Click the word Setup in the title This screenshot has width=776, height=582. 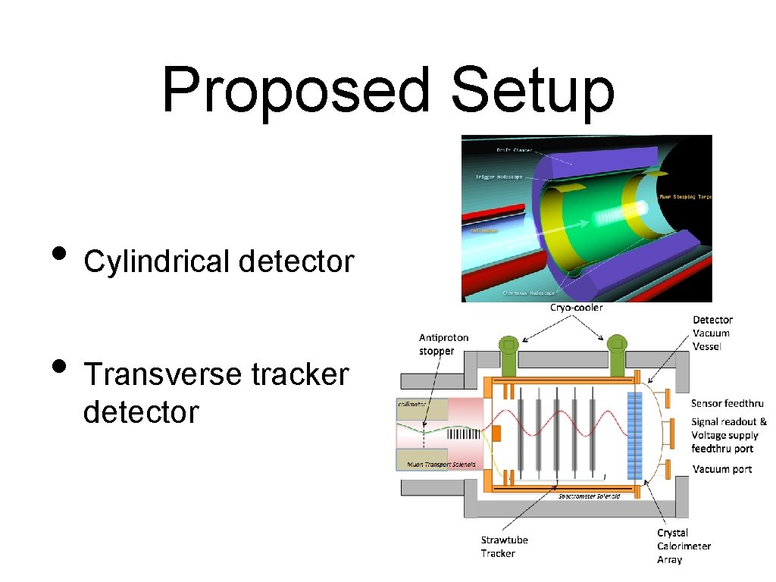[x=532, y=91]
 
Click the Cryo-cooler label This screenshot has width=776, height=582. [x=576, y=308]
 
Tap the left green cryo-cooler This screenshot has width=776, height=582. [x=508, y=350]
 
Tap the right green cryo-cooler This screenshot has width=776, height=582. [x=616, y=350]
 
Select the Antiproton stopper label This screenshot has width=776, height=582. [x=443, y=344]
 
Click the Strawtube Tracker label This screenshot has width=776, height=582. [x=504, y=546]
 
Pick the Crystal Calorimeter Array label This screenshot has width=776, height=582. [x=684, y=546]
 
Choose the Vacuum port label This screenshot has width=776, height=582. [x=722, y=469]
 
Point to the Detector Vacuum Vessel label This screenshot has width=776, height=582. [x=712, y=333]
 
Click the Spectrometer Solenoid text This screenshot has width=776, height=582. [x=589, y=496]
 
